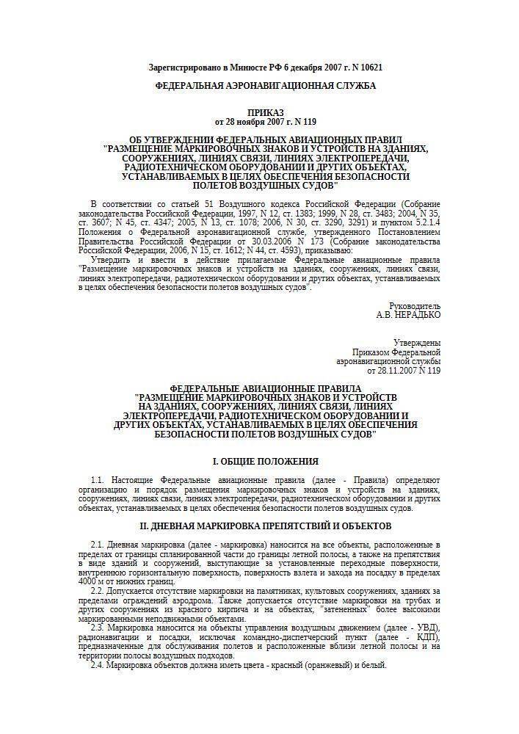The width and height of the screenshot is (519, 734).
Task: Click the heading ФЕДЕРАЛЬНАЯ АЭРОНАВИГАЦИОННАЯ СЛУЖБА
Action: pos(265,86)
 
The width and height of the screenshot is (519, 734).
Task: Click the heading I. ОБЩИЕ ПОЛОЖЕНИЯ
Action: pos(265,461)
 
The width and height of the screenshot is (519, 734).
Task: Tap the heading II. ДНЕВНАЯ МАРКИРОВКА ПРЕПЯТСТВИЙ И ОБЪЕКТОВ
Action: pos(265,526)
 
